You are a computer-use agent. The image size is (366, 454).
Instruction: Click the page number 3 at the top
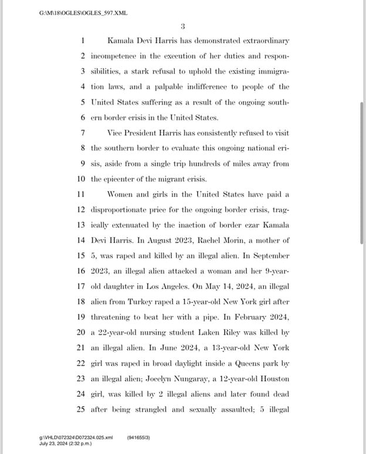pyautogui.click(x=183, y=26)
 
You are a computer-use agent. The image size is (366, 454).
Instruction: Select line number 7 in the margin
pyautogui.click(x=83, y=133)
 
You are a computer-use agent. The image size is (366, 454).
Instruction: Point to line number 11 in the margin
pyautogui.click(x=81, y=194)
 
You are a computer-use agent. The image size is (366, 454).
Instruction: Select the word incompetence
pyautogui.click(x=117, y=56)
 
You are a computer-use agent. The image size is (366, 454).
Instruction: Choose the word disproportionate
pyautogui.click(x=126, y=209)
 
